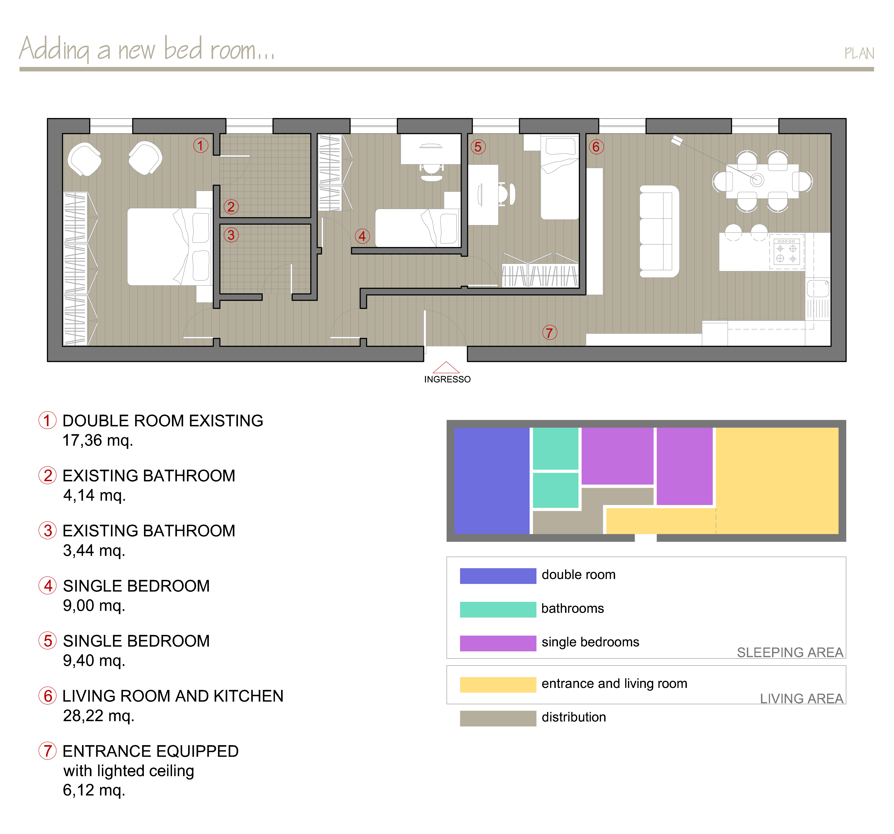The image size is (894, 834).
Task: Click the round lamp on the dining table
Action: coord(757,180)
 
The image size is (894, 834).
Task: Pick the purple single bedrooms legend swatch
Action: coord(498,643)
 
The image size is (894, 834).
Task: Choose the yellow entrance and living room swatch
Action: coord(498,684)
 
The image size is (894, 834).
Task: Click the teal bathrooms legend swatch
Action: coord(498,609)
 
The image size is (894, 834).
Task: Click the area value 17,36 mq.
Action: coord(98,440)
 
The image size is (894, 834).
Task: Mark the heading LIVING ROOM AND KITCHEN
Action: coord(173,696)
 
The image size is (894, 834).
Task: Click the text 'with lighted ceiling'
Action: coord(129,771)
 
